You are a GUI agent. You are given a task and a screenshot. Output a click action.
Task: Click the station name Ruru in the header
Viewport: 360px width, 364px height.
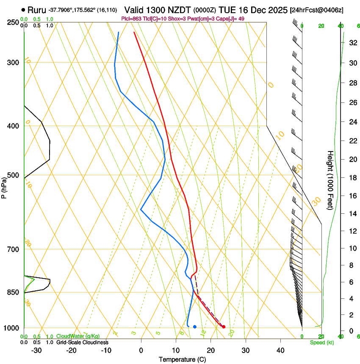pos(36,9)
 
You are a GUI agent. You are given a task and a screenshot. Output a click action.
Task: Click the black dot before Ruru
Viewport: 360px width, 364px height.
pos(23,9)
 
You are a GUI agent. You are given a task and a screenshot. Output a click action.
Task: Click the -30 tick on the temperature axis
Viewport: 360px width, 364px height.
pos(36,350)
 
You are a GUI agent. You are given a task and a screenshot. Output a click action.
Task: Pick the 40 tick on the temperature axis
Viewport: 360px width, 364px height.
pos(280,350)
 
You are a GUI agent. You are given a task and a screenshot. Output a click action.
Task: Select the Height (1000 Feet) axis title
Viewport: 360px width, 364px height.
pos(331,180)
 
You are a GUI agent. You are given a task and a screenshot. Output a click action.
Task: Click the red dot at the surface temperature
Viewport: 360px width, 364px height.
pos(224,326)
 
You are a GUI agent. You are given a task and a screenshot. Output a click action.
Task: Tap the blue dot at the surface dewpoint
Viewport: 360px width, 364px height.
pos(194,326)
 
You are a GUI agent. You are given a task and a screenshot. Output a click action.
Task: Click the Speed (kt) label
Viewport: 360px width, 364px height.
pos(321,342)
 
